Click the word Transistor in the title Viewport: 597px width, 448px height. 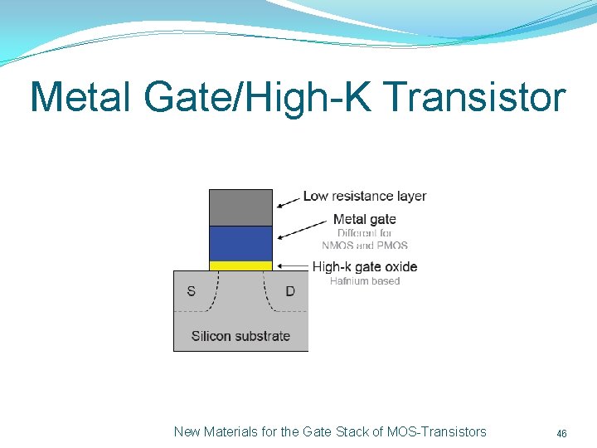475,97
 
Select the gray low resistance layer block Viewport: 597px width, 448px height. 240,207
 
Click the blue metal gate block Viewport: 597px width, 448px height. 240,243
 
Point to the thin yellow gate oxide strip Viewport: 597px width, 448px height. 240,265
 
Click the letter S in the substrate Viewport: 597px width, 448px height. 192,291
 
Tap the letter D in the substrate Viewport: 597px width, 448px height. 289,291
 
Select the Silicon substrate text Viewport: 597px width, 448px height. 240,336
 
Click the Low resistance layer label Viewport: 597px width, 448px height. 365,197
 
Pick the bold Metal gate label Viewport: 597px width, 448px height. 364,219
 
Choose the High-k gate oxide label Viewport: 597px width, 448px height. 365,266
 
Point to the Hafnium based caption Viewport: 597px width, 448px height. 365,281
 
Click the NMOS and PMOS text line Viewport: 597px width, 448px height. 365,246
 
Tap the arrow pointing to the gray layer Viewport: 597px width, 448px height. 288,200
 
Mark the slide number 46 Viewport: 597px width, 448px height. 561,434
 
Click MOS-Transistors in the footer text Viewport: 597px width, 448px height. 437,431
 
